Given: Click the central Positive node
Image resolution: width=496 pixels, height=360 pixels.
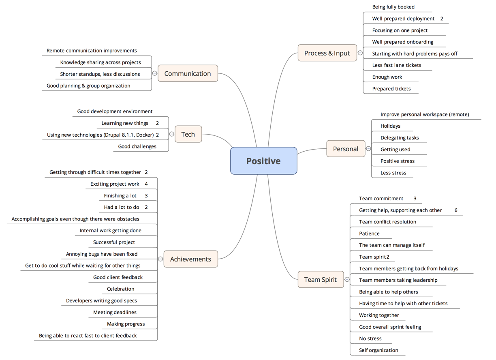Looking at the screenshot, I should point(263,161).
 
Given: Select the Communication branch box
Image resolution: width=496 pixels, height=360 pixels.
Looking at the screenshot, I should point(188,73).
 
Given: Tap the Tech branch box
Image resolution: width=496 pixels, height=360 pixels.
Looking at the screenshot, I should point(188,134).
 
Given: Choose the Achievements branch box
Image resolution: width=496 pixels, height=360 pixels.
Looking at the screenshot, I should point(190,259).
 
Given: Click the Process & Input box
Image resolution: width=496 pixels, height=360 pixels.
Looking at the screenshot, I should point(327,53).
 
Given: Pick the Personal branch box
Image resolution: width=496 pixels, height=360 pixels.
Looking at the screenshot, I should point(346,149).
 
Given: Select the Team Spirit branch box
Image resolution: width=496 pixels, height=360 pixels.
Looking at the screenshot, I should point(321,279).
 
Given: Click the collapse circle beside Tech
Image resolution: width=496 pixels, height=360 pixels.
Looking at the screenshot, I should point(172,134).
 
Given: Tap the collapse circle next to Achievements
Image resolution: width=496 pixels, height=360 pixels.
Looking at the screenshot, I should point(161,259).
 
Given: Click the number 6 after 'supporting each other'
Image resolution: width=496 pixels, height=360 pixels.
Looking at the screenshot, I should point(456,210).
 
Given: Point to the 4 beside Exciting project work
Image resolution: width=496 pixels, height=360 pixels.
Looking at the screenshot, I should point(146,184).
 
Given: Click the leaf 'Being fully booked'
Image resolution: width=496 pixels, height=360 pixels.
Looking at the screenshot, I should point(393,7).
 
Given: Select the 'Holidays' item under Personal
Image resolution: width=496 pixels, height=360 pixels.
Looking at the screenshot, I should point(390,126).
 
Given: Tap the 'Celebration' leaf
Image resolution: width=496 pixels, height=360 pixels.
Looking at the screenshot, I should point(120,289).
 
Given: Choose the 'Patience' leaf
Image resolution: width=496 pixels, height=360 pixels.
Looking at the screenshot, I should point(369,234).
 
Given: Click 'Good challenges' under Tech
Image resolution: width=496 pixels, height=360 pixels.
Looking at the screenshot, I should point(137,146).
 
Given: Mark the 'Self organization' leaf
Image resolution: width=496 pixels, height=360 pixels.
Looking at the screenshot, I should point(378,350).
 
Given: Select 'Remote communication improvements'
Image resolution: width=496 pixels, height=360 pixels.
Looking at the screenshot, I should point(92,51).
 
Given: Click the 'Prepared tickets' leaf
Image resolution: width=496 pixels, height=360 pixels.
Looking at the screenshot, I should point(391,89).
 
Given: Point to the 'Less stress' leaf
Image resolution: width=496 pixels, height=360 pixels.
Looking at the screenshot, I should point(393,173).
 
